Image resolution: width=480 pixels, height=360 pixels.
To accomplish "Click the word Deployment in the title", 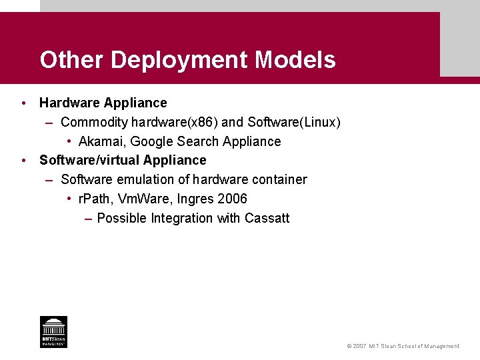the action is (180, 61).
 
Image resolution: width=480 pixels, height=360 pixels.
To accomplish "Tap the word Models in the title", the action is (295, 61).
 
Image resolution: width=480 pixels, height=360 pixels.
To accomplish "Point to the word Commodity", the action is (94, 122).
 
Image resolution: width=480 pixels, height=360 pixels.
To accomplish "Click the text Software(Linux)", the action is (294, 122).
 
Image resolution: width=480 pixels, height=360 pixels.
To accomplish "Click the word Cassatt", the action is (267, 218).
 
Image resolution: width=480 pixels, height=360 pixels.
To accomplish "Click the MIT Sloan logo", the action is (53, 331).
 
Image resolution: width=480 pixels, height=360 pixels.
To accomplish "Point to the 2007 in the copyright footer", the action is (361, 346).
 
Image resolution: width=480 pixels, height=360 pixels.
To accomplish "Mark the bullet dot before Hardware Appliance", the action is (23, 103).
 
